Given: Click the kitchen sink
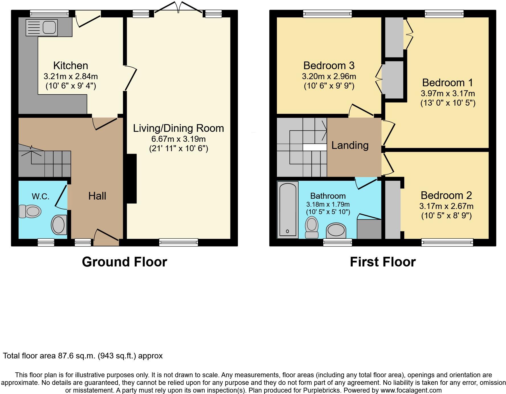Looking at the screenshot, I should [42, 28].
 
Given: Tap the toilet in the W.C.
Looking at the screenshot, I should [30, 211].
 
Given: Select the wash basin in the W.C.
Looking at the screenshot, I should [59, 225].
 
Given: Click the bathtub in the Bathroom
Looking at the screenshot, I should [287, 210].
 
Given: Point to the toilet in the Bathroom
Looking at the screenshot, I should [312, 227].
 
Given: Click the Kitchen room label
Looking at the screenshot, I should [71, 66].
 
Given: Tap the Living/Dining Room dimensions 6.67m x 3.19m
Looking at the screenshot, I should [178, 139].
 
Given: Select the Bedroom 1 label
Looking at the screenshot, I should [447, 83].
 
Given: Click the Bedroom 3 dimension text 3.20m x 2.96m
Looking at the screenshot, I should [329, 77].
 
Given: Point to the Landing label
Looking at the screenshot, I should [350, 145].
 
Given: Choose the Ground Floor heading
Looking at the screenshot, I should [125, 262].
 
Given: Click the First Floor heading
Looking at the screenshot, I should [383, 262].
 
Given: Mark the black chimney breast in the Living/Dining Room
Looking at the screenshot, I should [131, 178].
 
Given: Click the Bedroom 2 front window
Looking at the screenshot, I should [447, 243].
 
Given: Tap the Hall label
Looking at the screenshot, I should [97, 196].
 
